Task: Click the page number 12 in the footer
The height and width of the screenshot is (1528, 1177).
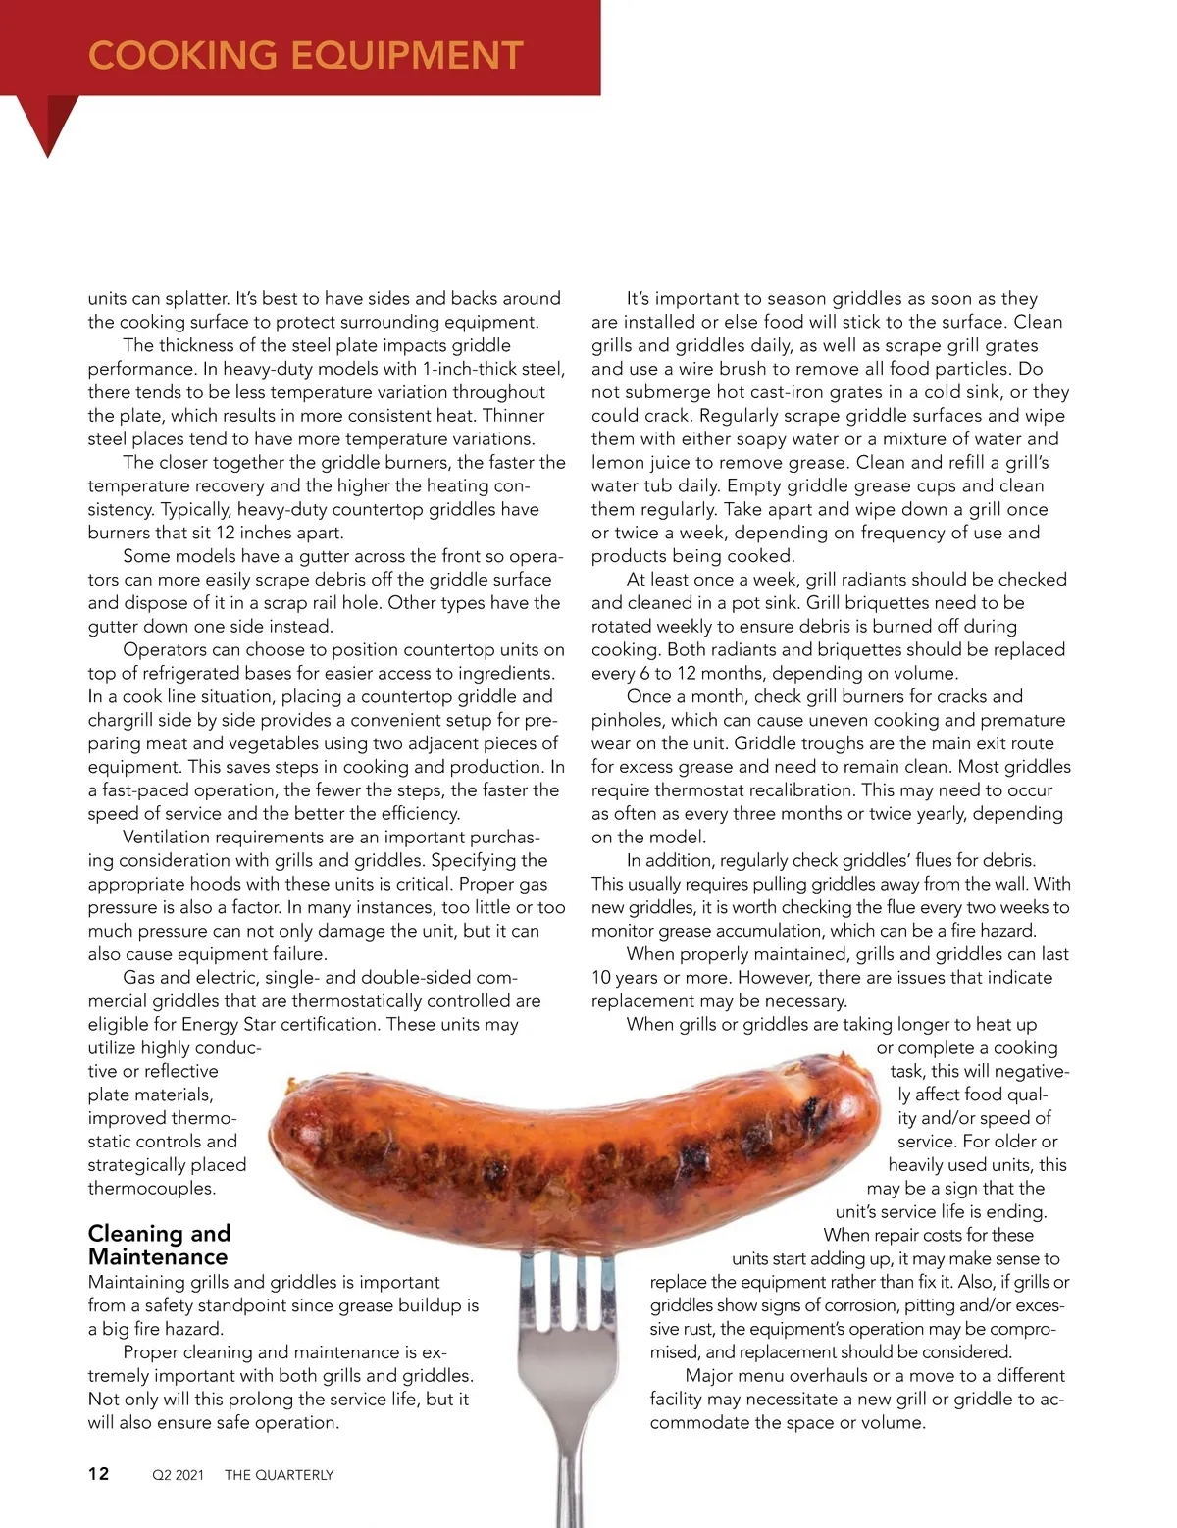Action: pyautogui.click(x=99, y=1473)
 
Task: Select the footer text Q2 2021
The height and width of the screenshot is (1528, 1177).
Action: pyautogui.click(x=178, y=1474)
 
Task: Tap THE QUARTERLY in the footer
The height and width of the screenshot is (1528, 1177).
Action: pyautogui.click(x=279, y=1474)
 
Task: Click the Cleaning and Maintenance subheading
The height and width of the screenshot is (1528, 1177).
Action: pyautogui.click(x=159, y=1245)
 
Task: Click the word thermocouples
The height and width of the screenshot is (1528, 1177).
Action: pyautogui.click(x=151, y=1188)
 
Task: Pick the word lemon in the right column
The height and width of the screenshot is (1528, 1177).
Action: pyautogui.click(x=620, y=462)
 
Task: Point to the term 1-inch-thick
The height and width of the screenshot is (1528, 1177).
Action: pyautogui.click(x=475, y=369)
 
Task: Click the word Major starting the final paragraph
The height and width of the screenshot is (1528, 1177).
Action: pyautogui.click(x=710, y=1375)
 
